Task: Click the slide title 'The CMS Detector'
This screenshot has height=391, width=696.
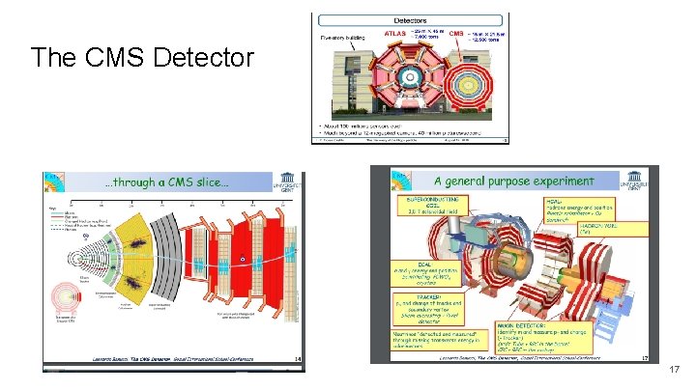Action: click(142, 59)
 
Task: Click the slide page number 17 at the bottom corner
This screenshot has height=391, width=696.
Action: click(674, 369)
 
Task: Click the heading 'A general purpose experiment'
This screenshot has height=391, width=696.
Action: click(513, 181)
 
